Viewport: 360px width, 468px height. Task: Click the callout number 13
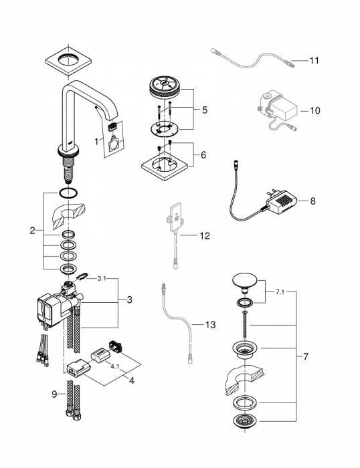(x=210, y=326)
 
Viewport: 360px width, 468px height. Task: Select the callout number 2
(x=31, y=231)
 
